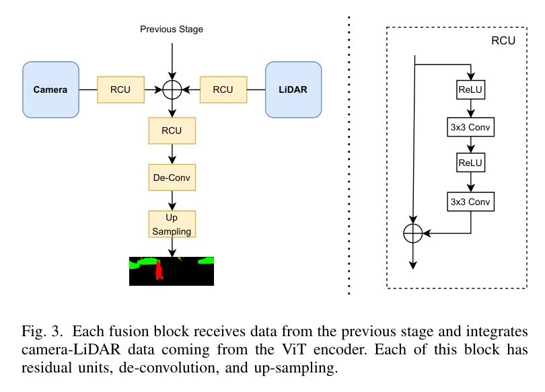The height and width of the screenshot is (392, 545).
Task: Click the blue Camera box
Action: coord(50,89)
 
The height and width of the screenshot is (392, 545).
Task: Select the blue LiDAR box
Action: coord(293,89)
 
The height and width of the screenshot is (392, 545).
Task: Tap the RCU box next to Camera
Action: coord(121,89)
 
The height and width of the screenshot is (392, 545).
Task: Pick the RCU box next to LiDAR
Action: coord(223,89)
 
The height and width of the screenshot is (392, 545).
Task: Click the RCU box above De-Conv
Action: coord(172,130)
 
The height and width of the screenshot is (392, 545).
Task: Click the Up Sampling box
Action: coord(172,225)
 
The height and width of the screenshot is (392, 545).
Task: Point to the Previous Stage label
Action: coord(172,30)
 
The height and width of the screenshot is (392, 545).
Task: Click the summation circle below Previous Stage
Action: coord(173,89)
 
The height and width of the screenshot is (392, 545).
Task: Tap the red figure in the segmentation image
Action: coord(160,271)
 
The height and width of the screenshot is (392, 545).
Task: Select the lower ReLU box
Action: coord(471,163)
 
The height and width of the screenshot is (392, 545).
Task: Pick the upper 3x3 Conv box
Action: coord(471,127)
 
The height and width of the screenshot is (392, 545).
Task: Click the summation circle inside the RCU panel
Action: coord(412,233)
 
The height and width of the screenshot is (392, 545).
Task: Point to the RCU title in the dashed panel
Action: coord(503,40)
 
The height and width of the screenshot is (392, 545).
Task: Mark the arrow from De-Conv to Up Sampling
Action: coord(173,200)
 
